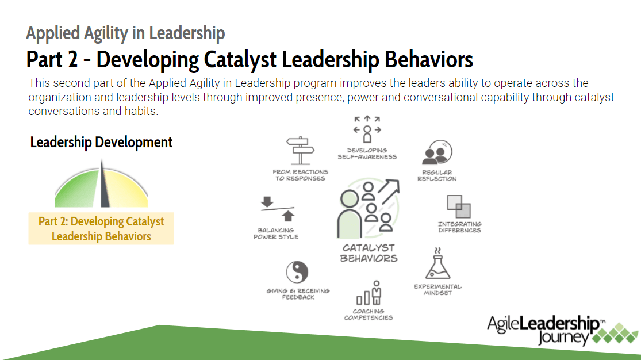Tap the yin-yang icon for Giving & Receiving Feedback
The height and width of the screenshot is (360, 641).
[297, 272]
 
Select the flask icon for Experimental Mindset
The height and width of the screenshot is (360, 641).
[437, 264]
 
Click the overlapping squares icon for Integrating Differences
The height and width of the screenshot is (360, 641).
[458, 206]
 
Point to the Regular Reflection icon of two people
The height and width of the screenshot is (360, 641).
[436, 154]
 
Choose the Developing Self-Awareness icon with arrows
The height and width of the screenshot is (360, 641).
[367, 129]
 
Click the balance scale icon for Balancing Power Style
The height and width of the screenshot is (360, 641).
[278, 209]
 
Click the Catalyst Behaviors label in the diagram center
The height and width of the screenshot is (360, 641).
[369, 253]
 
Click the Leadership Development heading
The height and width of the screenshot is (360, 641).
[101, 142]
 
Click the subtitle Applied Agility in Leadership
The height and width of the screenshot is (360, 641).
[125, 33]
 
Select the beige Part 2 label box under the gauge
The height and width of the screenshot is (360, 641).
[101, 229]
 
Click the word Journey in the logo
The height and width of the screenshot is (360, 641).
[563, 337]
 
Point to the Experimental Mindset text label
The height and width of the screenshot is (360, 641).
[437, 289]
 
